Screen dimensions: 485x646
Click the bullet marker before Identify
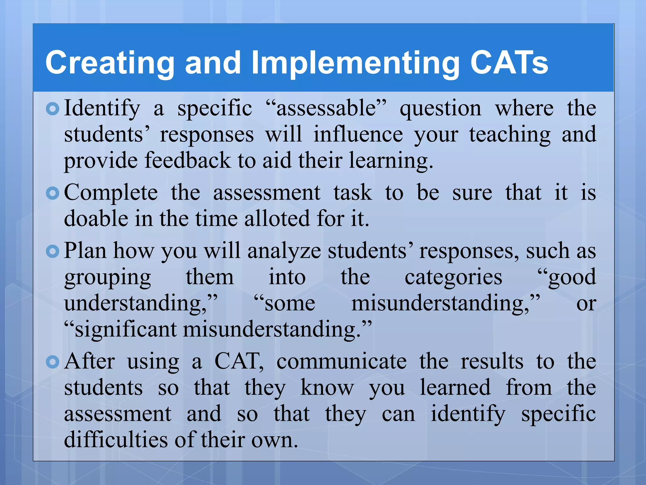[52, 109]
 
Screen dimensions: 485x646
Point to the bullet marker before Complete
[52, 193]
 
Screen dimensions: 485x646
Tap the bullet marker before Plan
[52, 252]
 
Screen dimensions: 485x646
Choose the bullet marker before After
[52, 362]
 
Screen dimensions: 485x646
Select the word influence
[358, 135]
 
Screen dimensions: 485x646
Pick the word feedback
[188, 160]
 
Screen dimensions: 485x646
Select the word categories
[453, 277]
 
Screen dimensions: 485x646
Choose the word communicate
[342, 362]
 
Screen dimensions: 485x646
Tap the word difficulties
[115, 440]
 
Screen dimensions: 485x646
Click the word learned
[455, 387]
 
